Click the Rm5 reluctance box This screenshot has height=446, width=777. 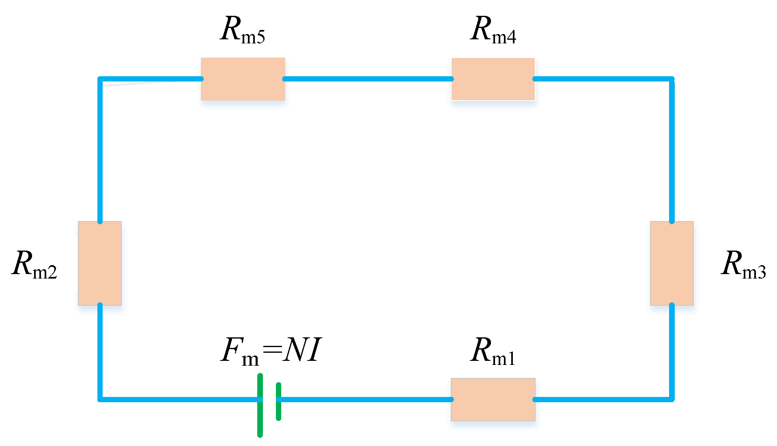click(x=243, y=79)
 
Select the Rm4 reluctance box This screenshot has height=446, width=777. click(x=493, y=79)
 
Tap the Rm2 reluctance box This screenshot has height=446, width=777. click(x=100, y=263)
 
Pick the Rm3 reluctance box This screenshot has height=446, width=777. click(x=672, y=263)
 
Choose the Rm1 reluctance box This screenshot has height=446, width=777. click(x=493, y=399)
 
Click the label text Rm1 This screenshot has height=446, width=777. click(x=493, y=351)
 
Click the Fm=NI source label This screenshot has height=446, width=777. click(x=271, y=351)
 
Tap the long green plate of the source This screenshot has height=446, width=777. click(x=260, y=405)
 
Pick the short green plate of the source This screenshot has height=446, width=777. click(x=278, y=401)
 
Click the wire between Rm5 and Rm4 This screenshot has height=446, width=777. click(x=368, y=79)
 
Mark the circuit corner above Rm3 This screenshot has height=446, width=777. click(x=672, y=79)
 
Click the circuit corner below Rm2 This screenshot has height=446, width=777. click(x=100, y=399)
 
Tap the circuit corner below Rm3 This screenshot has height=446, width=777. click(x=672, y=399)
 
